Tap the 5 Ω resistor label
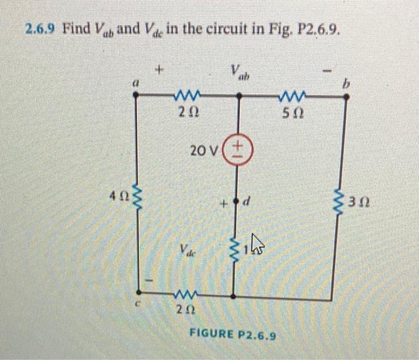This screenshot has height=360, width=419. click(293, 113)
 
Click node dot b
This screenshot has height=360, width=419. click(345, 100)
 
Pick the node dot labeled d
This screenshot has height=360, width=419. click(238, 202)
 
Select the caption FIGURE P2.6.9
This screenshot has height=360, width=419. click(233, 335)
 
